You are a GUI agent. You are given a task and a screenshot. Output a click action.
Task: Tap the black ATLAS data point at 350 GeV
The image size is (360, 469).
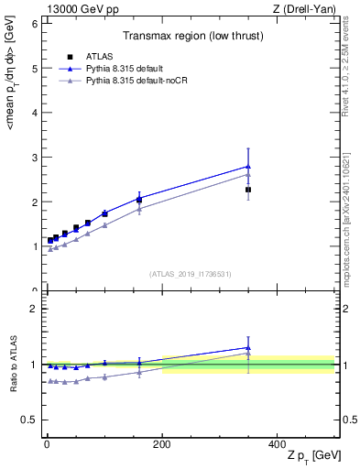point(248,190)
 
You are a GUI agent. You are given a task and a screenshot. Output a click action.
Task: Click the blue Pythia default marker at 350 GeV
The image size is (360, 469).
point(248,167)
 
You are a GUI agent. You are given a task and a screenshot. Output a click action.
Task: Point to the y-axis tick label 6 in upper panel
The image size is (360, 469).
point(34,24)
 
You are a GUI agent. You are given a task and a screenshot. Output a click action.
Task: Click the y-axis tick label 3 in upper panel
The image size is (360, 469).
point(34,158)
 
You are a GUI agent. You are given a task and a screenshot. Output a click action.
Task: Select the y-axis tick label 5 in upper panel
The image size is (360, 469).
point(34,69)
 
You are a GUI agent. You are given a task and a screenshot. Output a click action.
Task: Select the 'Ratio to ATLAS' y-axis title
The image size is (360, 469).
point(13,364)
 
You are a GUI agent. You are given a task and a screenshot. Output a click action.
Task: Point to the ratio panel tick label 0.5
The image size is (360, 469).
point(30,420)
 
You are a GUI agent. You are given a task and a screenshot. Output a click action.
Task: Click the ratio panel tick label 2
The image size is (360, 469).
point(34,309)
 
